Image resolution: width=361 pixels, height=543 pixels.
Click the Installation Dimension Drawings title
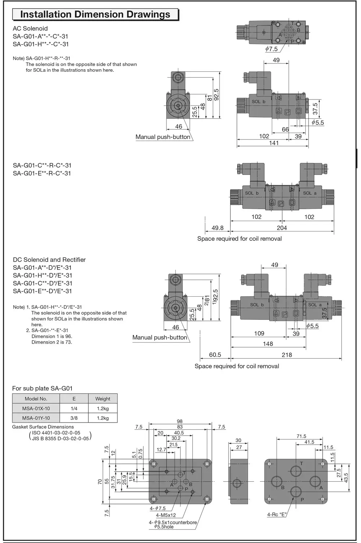tap(95, 14)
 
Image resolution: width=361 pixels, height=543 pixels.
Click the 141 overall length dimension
tap(274, 143)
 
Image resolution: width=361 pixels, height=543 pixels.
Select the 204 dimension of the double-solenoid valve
tap(282, 228)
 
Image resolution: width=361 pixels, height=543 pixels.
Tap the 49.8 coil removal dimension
tap(217, 228)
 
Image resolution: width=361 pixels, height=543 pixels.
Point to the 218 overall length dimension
tap(287, 355)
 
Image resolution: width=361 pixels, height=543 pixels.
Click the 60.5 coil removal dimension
tap(215, 355)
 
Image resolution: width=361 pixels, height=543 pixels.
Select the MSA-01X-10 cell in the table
tap(36, 409)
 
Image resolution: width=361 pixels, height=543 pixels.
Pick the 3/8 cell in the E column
tap(74, 418)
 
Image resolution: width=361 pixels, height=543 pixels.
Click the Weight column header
tap(103, 399)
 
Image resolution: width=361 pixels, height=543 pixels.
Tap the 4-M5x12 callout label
tap(166, 515)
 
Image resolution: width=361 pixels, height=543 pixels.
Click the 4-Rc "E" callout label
tap(277, 515)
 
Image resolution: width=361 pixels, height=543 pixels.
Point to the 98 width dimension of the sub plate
tap(180, 421)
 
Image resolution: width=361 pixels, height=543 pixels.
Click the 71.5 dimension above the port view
tap(301, 436)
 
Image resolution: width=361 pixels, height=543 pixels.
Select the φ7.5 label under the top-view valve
tap(271, 49)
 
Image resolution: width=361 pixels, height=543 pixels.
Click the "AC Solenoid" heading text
tap(30, 28)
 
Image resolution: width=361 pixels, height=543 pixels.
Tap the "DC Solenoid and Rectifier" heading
tap(49, 260)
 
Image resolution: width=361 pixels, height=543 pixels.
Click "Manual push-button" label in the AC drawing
tap(162, 137)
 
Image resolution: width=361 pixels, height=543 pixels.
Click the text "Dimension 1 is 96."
tap(52, 336)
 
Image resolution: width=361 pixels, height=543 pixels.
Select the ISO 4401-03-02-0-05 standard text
tap(56, 433)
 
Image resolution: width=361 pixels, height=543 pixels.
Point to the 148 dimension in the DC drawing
tap(268, 344)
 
